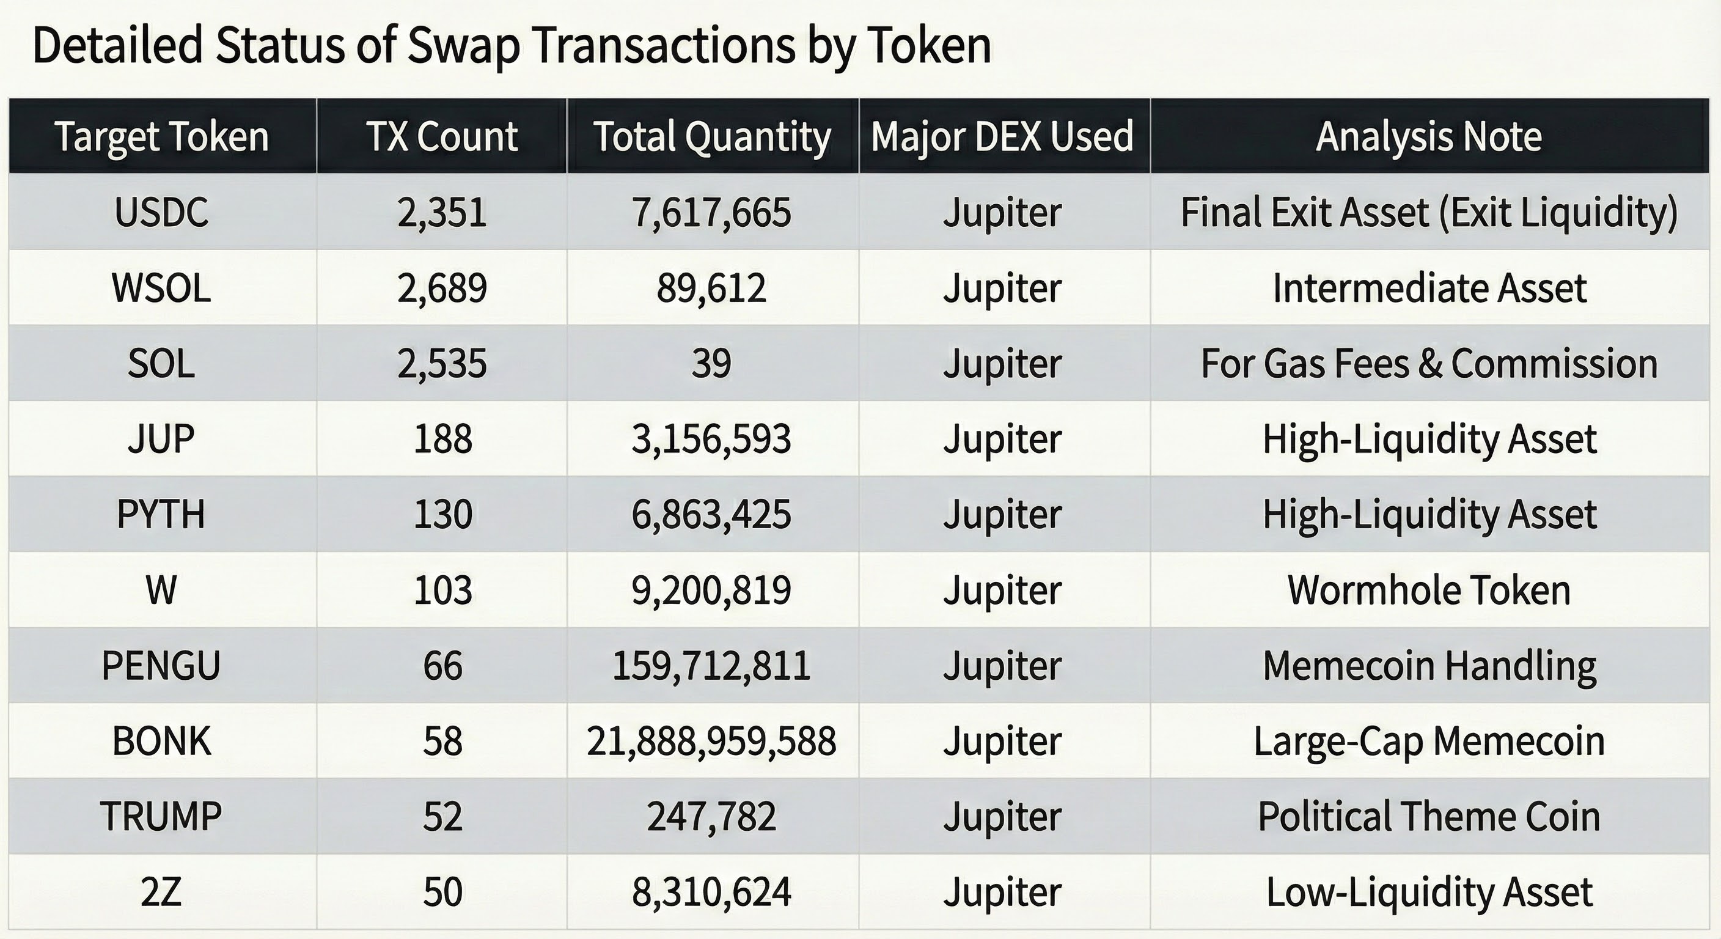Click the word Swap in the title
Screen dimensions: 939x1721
463,47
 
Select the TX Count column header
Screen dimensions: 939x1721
442,136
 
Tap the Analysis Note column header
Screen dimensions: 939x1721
1428,136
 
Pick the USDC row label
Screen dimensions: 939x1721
162,213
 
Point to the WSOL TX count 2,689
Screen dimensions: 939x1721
442,288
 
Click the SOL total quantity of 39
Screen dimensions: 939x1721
711,364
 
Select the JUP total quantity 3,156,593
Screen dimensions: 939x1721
711,439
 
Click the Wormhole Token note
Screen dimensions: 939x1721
1428,590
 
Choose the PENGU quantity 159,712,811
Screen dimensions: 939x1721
711,666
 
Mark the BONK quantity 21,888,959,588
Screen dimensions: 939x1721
711,741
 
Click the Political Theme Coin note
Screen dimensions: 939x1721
1428,817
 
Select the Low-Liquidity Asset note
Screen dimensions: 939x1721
1428,892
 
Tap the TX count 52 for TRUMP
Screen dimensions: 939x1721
442,817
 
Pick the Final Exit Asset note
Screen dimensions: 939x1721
1428,213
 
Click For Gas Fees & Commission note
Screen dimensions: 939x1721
1428,364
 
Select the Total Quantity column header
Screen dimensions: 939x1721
711,136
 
